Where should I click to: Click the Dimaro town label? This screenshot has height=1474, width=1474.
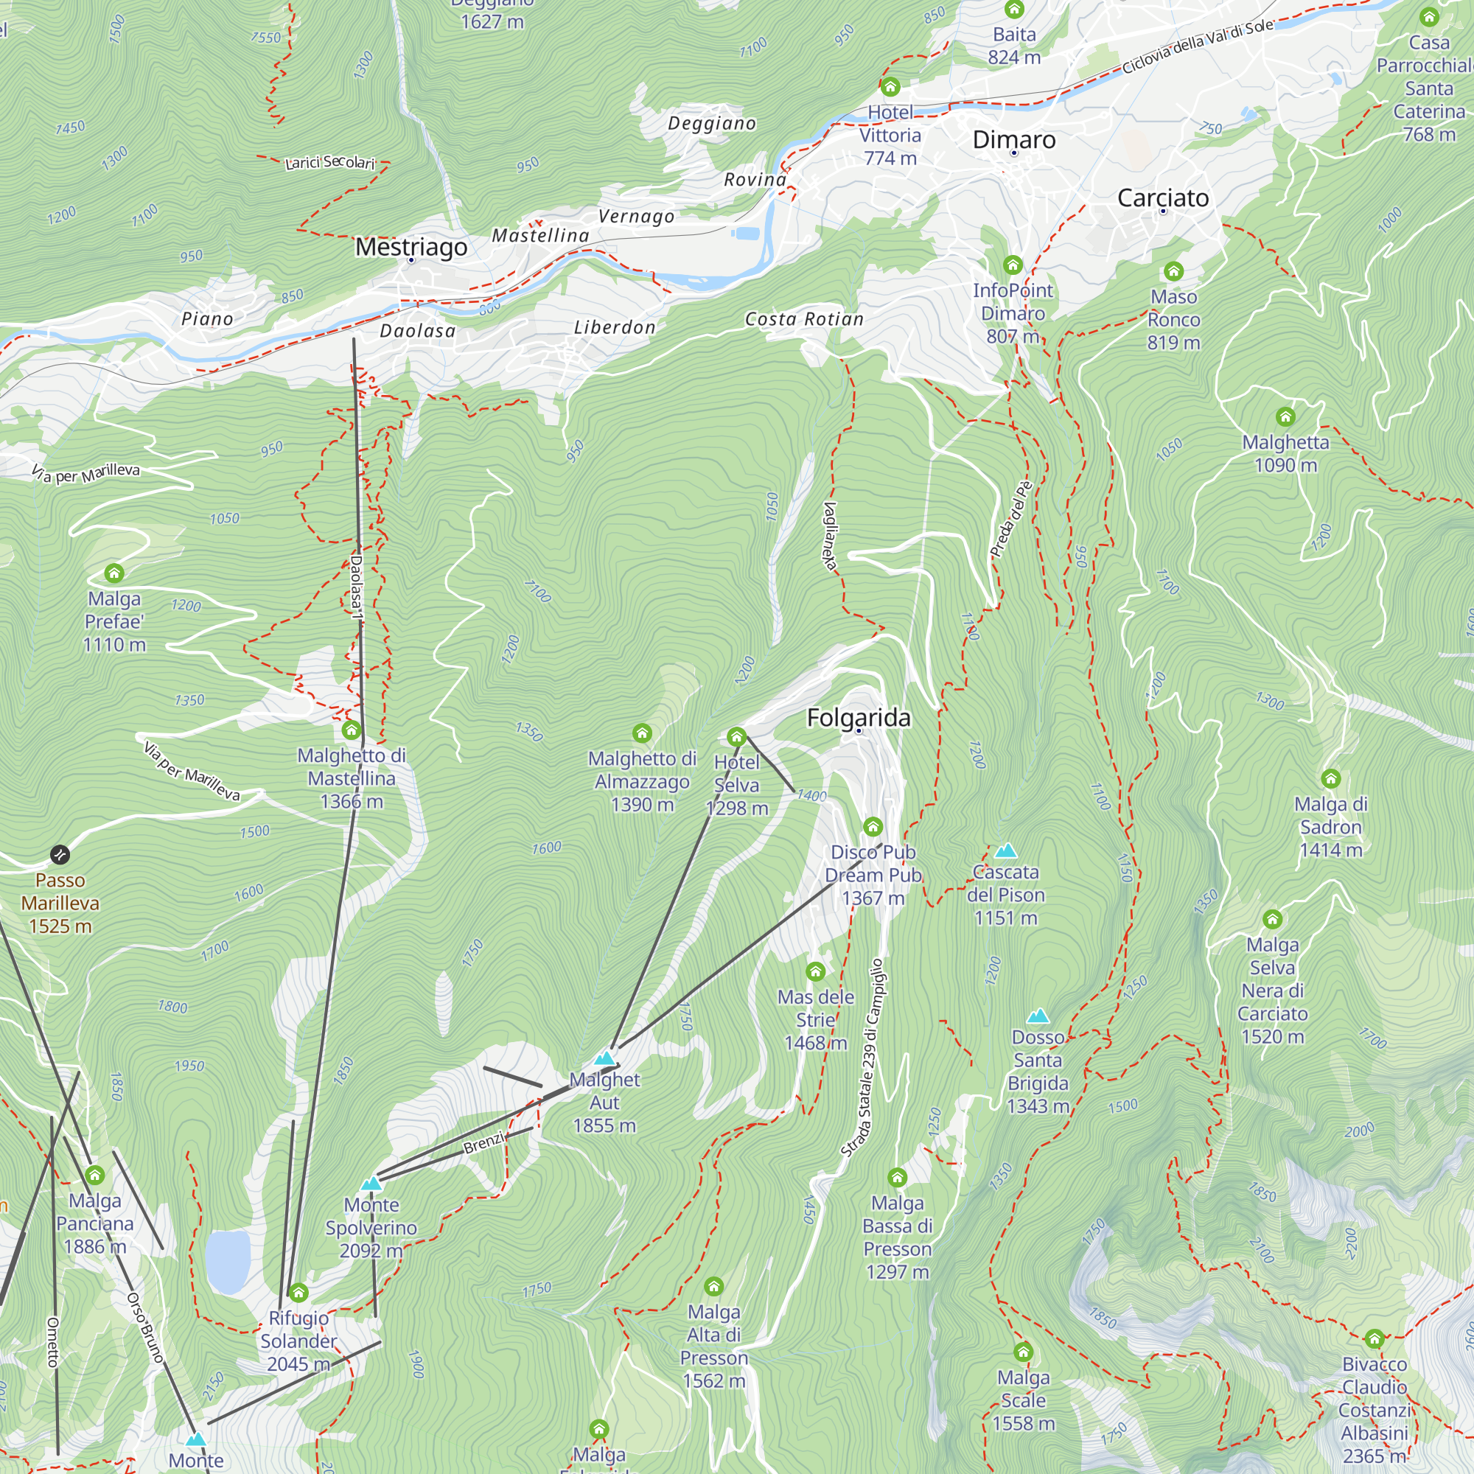point(1014,139)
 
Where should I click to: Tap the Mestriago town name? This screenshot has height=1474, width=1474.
point(411,247)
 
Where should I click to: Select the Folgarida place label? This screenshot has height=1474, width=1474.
point(859,718)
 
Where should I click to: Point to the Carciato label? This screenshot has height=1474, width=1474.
point(1163,198)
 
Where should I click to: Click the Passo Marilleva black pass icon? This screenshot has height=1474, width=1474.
point(60,854)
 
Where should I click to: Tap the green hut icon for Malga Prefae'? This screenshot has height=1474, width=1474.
point(114,573)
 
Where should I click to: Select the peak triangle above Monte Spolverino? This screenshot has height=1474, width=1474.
point(371,1184)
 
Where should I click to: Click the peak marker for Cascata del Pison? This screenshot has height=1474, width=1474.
point(1005,850)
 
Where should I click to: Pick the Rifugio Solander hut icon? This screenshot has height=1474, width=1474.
point(298,1293)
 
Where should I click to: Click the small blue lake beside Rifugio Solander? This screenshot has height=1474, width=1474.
point(228,1262)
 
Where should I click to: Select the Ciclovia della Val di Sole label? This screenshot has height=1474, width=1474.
point(1197,46)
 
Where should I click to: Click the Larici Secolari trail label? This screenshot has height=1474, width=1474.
point(329,162)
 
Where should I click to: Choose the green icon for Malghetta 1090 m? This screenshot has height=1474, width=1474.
point(1285,416)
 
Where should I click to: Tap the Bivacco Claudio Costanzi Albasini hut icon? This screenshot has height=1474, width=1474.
point(1375,1338)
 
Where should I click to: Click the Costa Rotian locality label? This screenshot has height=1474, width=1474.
point(804,319)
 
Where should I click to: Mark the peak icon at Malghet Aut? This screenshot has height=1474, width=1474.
point(604,1058)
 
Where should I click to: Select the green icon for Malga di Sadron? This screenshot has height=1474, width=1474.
point(1330,779)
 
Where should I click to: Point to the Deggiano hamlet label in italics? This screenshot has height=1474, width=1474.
point(712,124)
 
